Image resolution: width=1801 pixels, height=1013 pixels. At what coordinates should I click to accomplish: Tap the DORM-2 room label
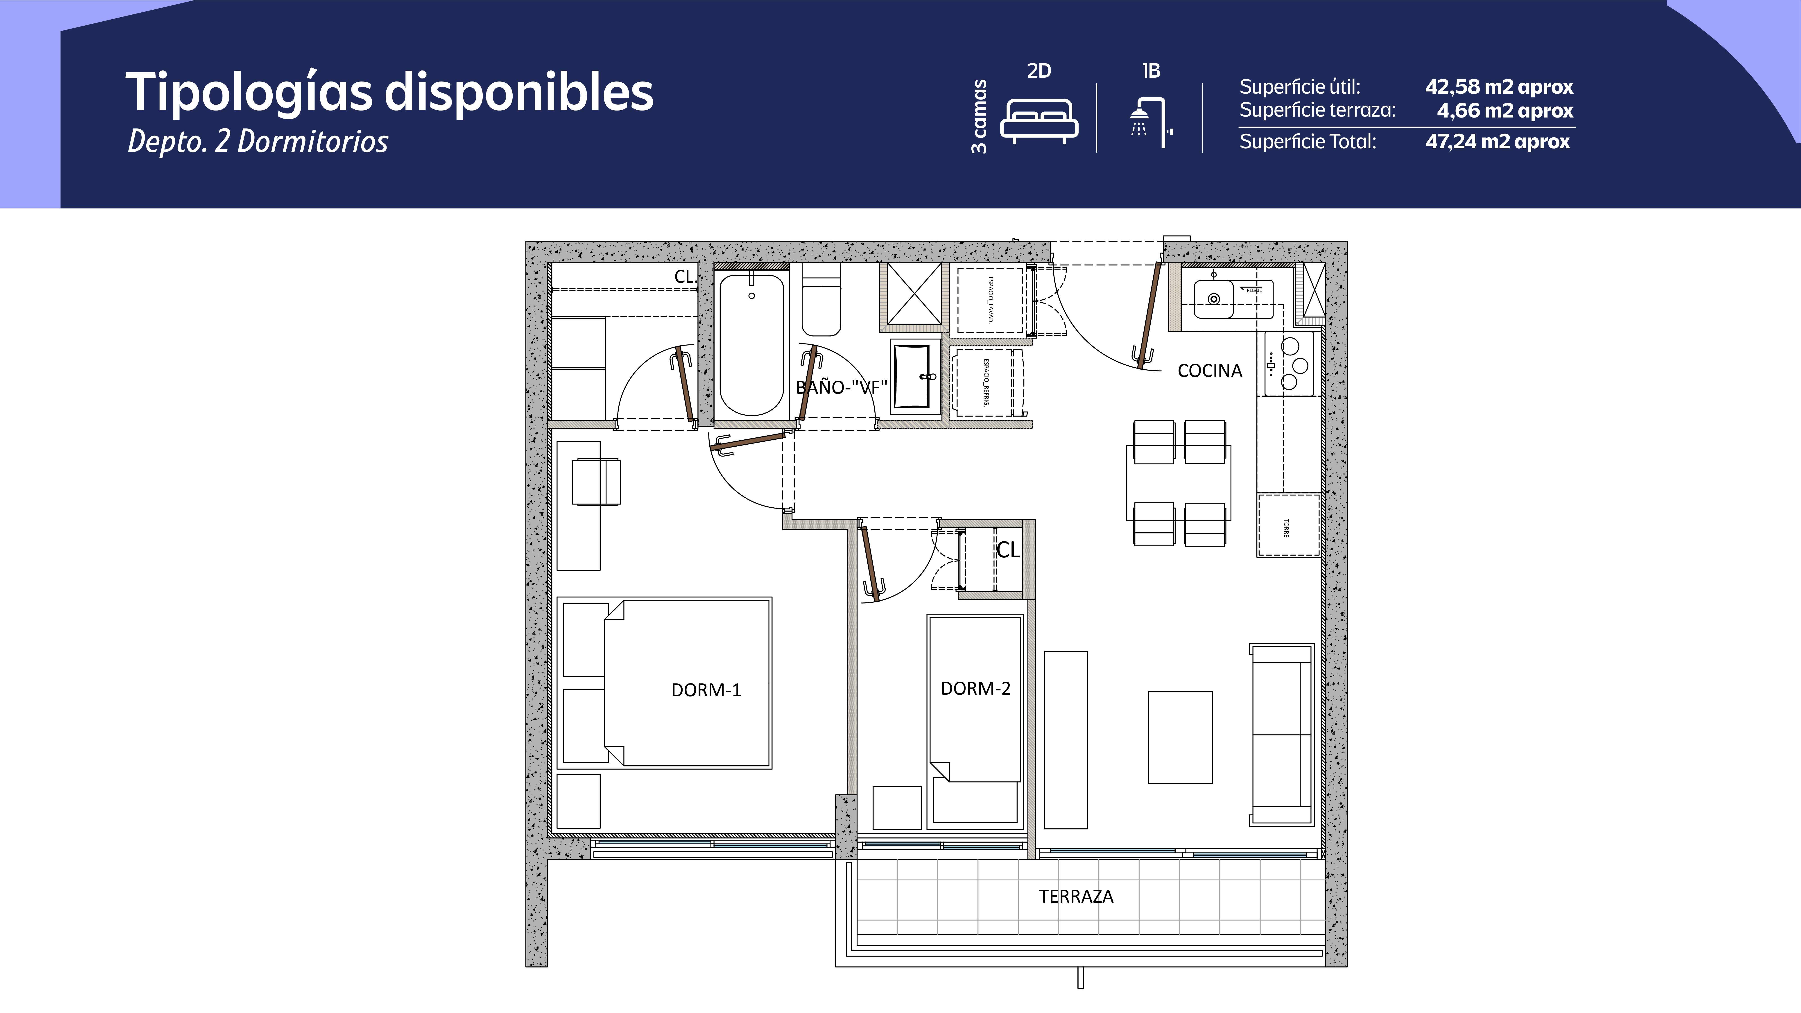pos(975,689)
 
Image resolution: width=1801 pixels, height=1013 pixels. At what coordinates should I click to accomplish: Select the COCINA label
pos(1210,371)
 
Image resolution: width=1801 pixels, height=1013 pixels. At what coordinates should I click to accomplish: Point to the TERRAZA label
pos(1076,896)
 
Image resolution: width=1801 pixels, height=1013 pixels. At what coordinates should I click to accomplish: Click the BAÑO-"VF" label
pos(842,387)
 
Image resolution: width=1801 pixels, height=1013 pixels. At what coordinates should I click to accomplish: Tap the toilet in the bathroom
pos(821,308)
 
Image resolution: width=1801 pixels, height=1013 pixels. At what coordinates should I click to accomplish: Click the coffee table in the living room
pos(1180,737)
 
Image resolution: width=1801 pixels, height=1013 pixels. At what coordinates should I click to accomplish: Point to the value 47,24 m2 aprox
pos(1498,142)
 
